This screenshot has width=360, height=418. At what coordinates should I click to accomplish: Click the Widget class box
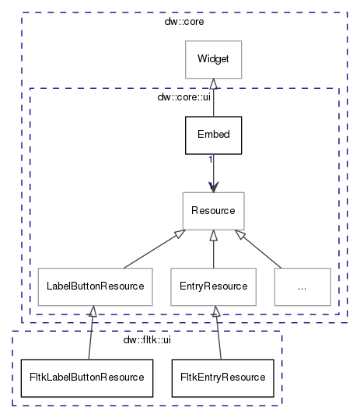pos(213,59)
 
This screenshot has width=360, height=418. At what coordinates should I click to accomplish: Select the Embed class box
pos(213,135)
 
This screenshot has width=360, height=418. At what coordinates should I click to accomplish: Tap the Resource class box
pos(213,211)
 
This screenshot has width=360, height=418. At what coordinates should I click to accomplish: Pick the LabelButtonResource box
pos(96,286)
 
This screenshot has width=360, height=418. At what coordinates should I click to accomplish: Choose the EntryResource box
pos(213,286)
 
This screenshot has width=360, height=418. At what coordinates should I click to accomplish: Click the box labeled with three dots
pos(302,286)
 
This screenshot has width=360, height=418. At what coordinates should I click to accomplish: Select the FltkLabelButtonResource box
pos(87,378)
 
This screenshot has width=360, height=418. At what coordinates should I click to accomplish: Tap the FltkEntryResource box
pos(222,378)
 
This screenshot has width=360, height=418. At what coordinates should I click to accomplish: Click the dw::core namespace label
pos(184,22)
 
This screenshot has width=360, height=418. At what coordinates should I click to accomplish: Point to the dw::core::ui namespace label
pos(184,97)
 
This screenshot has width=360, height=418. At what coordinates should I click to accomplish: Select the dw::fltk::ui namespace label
pos(147,340)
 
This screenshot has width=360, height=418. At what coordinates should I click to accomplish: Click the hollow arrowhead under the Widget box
pos(213,84)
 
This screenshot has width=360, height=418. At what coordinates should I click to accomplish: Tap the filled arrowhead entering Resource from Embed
pos(213,187)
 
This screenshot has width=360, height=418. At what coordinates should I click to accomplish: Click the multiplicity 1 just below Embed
pos(211,160)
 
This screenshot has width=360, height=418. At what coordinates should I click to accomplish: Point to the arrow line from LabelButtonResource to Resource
pos(155,249)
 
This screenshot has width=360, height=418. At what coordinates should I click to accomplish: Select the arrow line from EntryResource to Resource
pos(213,249)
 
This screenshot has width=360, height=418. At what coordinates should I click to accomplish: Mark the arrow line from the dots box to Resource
pos(257,249)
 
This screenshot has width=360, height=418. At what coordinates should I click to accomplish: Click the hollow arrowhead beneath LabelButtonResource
pos(93,311)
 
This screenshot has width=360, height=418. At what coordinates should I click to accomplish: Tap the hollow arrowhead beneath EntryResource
pos(216,311)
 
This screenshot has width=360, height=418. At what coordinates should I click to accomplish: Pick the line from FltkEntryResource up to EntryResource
pos(218,332)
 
